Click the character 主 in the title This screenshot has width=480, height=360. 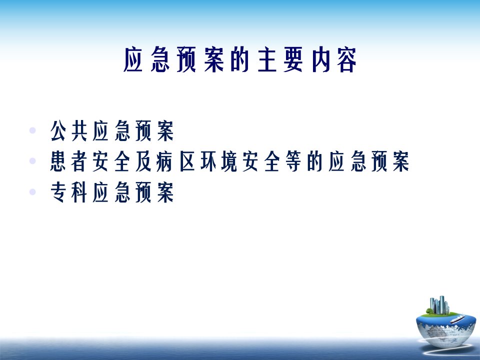pyautogui.click(x=267, y=59)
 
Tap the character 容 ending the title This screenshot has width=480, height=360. pyautogui.click(x=347, y=59)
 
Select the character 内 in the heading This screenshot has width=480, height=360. pyautogui.click(x=321, y=59)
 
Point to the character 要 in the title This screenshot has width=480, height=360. pyautogui.click(x=293, y=59)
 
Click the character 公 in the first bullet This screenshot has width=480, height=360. pyautogui.click(x=58, y=130)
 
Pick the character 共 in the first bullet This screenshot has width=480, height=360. pyautogui.click(x=79, y=130)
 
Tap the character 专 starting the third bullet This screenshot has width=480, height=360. pyautogui.click(x=58, y=192)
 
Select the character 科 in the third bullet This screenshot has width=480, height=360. pyautogui.click(x=79, y=192)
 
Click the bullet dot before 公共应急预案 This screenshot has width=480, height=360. pyautogui.click(x=32, y=130)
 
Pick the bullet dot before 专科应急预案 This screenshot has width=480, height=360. pyautogui.click(x=32, y=192)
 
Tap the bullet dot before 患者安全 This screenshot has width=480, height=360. pyautogui.click(x=32, y=160)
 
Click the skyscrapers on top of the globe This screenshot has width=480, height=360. pyautogui.click(x=439, y=305)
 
